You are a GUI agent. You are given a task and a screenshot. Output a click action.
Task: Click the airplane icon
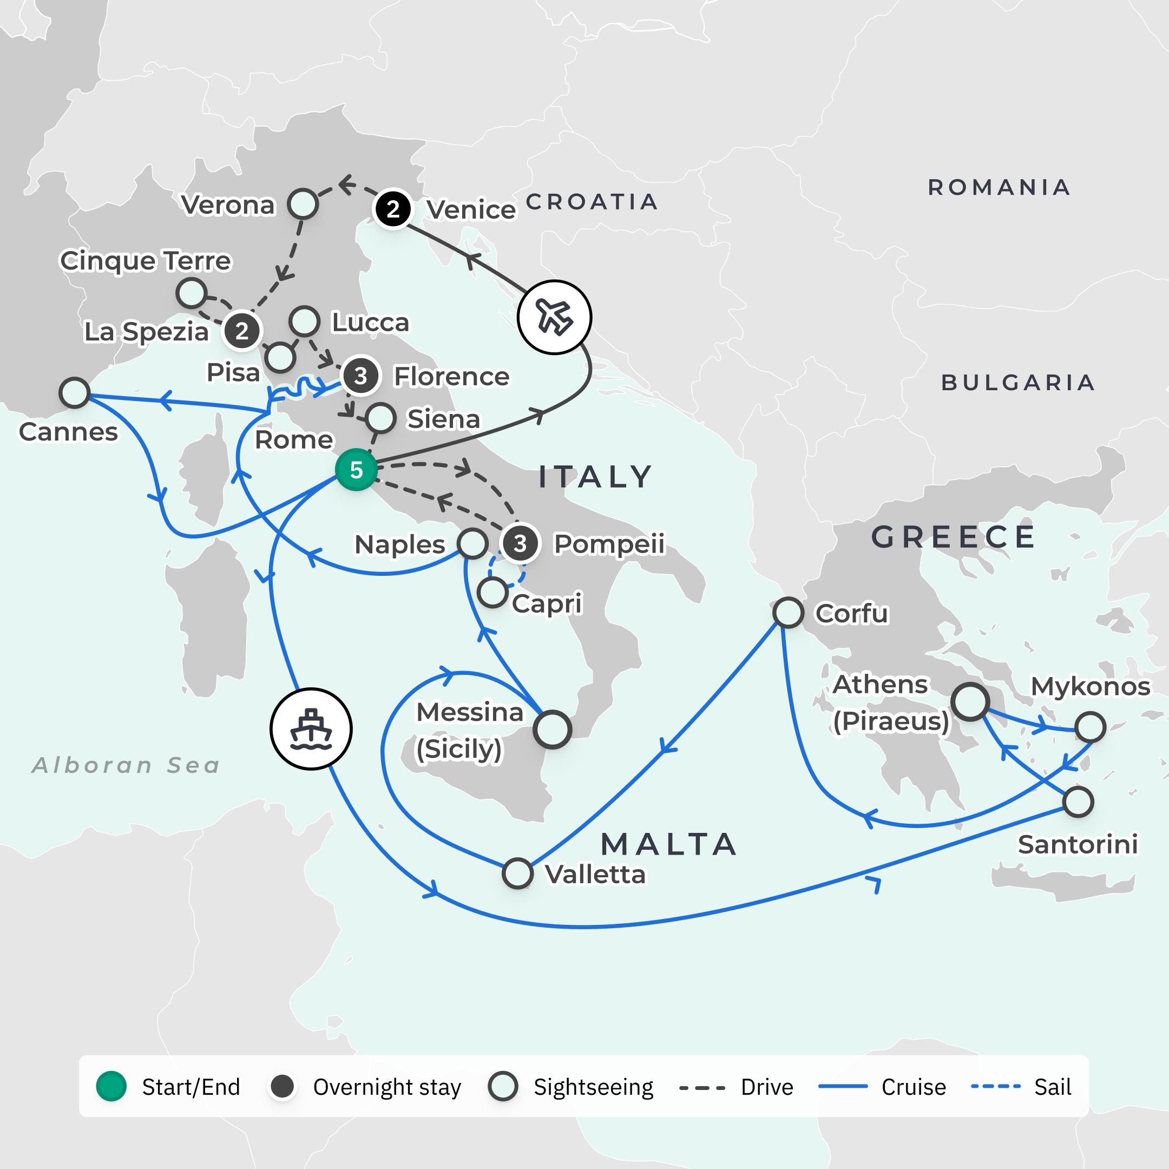coord(554,317)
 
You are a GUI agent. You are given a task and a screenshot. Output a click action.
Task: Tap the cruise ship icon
coord(311,728)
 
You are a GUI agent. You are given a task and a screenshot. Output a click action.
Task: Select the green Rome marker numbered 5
coord(357,470)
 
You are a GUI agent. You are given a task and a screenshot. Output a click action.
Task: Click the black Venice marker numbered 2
coord(393,209)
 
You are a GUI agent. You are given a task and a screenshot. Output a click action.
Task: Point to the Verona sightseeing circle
coord(303,204)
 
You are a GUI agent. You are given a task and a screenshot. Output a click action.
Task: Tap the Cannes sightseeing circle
coord(75,393)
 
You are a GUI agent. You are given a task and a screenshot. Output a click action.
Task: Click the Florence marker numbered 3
coord(360,376)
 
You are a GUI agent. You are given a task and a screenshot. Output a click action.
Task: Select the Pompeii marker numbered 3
coord(520,543)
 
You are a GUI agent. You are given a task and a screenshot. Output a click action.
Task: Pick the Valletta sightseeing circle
coord(517,873)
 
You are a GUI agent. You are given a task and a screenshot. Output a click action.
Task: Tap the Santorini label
coord(1078,844)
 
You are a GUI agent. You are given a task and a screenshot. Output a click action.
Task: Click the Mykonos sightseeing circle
coord(1091,727)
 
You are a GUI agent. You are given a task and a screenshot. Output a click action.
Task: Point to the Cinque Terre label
coord(145,261)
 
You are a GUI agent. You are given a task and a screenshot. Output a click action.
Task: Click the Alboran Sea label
coord(126,765)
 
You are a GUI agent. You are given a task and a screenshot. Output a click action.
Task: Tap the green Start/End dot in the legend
coord(111,1087)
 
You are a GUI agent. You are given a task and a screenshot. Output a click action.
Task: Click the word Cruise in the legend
coord(913,1087)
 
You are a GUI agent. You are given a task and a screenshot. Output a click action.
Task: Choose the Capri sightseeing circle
coord(492,593)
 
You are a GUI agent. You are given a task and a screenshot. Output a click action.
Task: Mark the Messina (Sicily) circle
coord(552,730)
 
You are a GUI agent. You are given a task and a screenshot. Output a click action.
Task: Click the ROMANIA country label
coord(999,188)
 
